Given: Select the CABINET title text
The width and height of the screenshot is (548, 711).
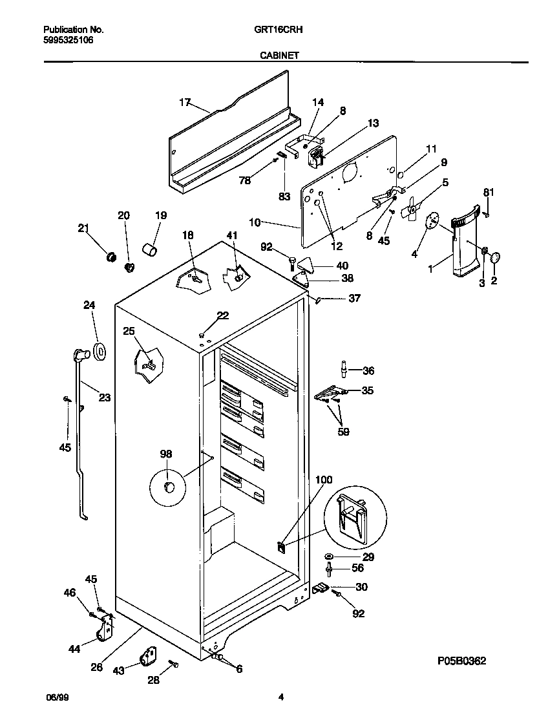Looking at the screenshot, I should pyautogui.click(x=279, y=56).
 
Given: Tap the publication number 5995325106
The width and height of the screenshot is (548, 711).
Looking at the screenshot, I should pyautogui.click(x=68, y=39).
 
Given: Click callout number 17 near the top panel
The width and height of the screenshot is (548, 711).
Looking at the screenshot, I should pyautogui.click(x=185, y=101).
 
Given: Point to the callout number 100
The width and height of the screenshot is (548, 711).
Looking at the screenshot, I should pyautogui.click(x=324, y=480).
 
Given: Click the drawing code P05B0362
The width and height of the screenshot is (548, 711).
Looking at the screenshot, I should pyautogui.click(x=461, y=661).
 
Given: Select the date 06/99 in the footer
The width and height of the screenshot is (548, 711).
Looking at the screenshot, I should pyautogui.click(x=57, y=697).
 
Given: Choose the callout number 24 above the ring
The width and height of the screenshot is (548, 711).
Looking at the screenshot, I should pyautogui.click(x=89, y=306).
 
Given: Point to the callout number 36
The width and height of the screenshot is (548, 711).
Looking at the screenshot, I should pyautogui.click(x=368, y=370).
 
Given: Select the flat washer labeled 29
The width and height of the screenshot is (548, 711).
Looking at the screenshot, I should pyautogui.click(x=330, y=556).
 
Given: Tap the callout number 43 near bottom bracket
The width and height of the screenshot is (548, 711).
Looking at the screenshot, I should pyautogui.click(x=118, y=671).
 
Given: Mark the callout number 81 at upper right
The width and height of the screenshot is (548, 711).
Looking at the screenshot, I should pyautogui.click(x=489, y=191).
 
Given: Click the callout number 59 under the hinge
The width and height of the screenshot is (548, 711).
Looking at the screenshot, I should pyautogui.click(x=343, y=432).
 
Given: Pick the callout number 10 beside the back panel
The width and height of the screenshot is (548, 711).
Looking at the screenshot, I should pyautogui.click(x=255, y=222).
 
